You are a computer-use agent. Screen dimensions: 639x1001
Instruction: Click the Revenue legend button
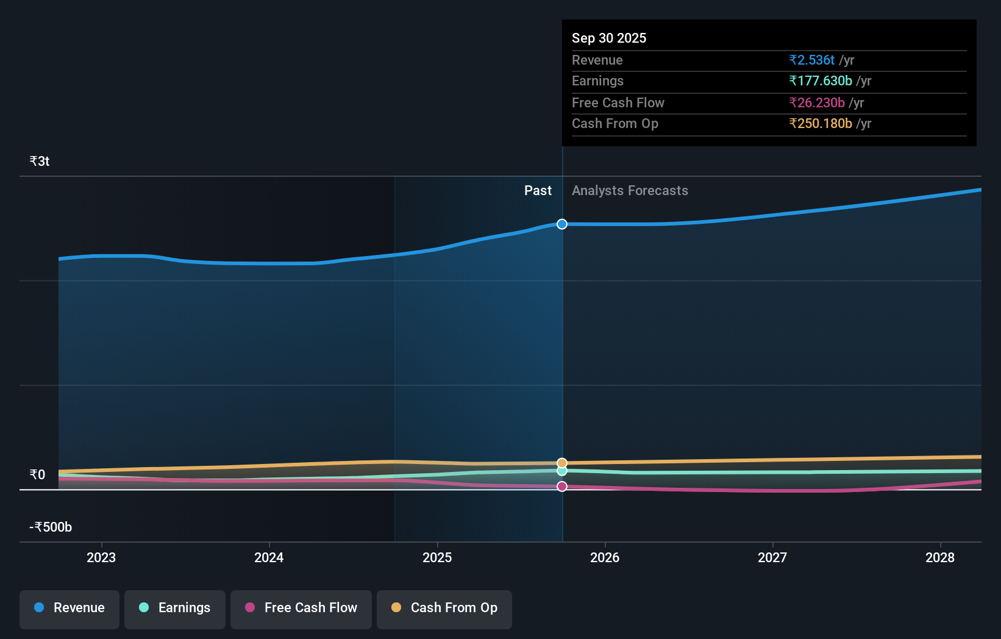click(x=69, y=608)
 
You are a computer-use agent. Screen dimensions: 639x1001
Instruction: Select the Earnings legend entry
click(x=175, y=608)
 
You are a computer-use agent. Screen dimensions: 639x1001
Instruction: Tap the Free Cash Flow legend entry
click(x=301, y=608)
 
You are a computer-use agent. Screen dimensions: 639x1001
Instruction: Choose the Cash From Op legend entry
click(x=444, y=608)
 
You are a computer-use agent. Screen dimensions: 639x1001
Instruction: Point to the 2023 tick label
click(x=101, y=557)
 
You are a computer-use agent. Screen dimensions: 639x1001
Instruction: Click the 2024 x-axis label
click(x=269, y=557)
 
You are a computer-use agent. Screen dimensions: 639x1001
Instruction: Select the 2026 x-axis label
click(x=605, y=557)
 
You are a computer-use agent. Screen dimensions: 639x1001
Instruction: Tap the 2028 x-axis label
click(x=940, y=557)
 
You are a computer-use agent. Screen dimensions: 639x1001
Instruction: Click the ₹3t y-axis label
click(x=40, y=162)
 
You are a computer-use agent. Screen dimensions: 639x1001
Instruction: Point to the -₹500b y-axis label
click(x=51, y=527)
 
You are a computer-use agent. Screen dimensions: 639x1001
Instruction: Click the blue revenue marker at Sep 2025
click(x=562, y=224)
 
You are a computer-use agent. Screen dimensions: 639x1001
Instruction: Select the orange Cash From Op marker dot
click(x=562, y=463)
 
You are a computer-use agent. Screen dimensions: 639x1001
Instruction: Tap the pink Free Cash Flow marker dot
click(x=562, y=487)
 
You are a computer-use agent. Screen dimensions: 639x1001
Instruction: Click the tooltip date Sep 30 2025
click(x=609, y=38)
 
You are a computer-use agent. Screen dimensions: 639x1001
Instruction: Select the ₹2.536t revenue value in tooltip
click(x=811, y=60)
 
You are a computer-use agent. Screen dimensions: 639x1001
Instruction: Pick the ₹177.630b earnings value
click(x=821, y=81)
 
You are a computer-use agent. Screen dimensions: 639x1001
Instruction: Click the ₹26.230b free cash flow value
click(x=817, y=102)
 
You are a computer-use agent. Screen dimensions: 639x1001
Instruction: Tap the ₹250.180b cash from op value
click(x=821, y=124)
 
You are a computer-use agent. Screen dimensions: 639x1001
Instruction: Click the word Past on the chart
click(x=538, y=191)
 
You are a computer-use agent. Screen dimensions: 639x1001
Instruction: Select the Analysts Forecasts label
click(x=630, y=191)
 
